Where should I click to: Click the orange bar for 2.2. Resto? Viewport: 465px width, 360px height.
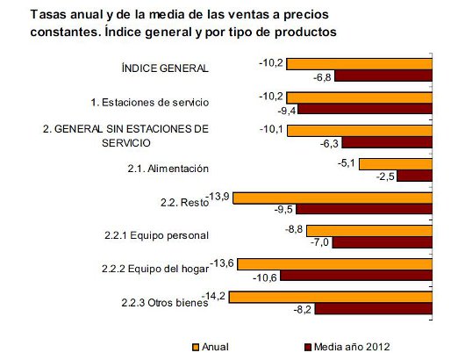click(332, 196)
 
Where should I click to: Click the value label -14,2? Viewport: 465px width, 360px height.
click(212, 296)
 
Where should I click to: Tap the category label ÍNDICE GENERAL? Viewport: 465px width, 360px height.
click(165, 68)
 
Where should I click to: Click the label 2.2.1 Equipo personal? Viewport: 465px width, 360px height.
click(152, 235)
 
